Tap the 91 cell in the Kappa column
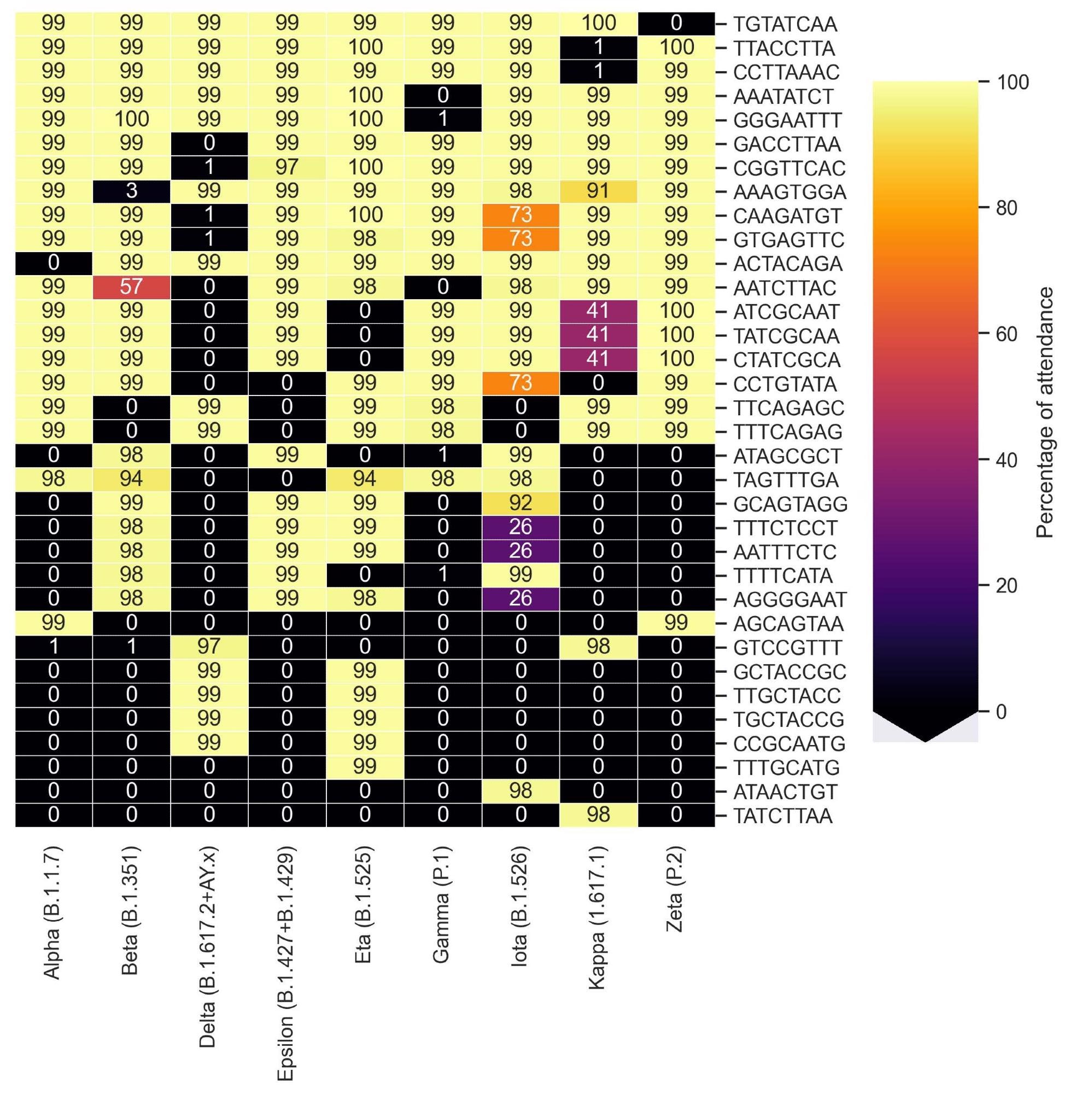coord(598,190)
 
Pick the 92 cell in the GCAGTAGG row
coord(521,503)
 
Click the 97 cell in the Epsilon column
coord(286,167)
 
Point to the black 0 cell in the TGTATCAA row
coord(676,23)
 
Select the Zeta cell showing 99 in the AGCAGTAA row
coord(676,622)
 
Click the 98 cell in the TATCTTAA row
coord(598,814)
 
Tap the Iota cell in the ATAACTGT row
coord(521,790)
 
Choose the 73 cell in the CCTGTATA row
coord(521,383)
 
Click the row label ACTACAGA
coord(787,264)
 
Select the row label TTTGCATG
coord(786,767)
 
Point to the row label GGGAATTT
coord(787,120)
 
